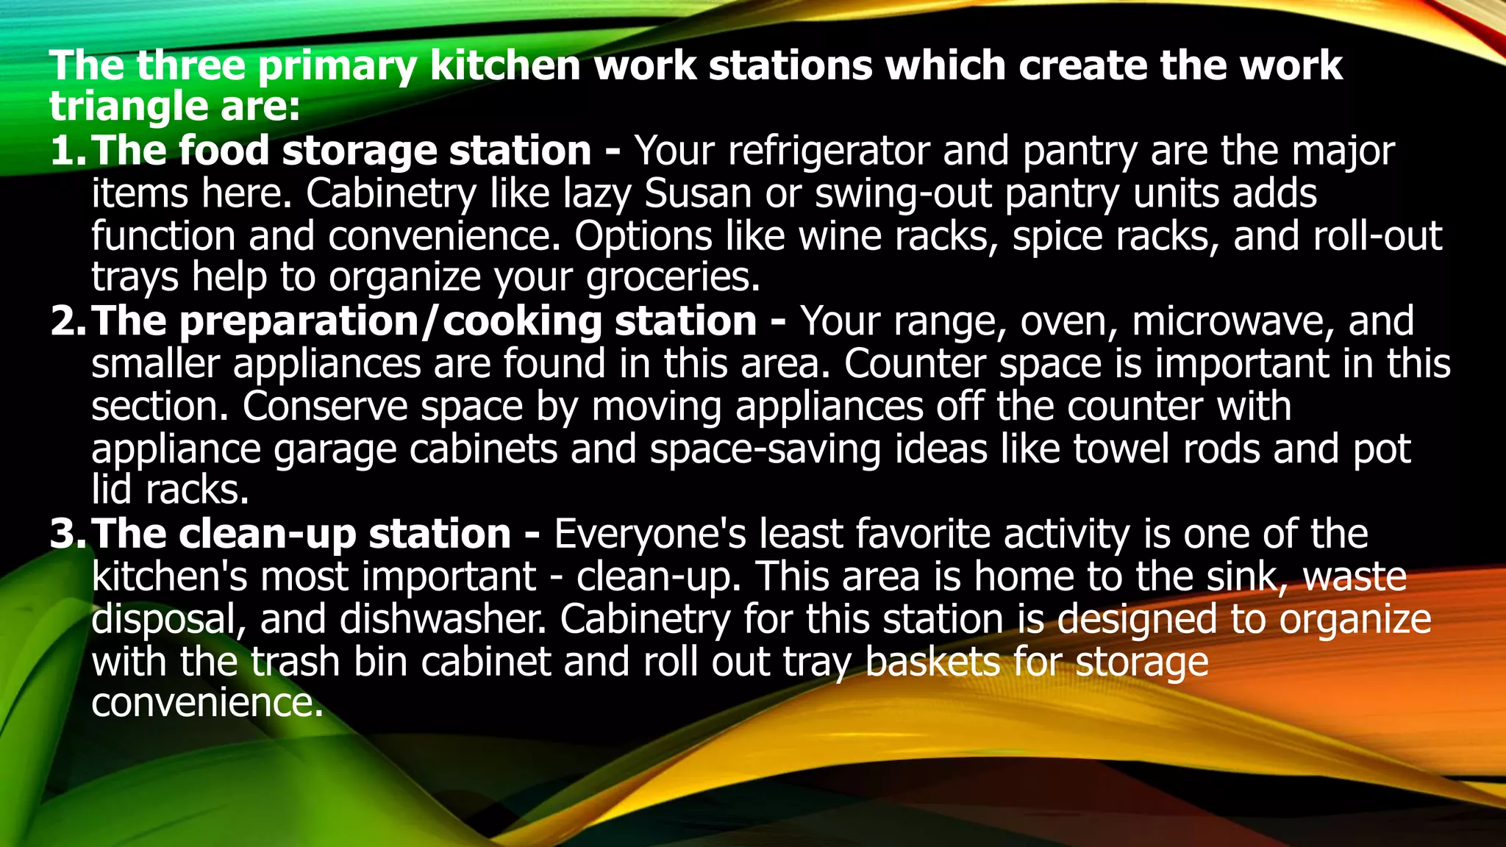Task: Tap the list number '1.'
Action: [68, 151]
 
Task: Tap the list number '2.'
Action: [68, 322]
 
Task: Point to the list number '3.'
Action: [68, 534]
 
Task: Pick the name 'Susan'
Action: [698, 194]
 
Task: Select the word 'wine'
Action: [840, 237]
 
